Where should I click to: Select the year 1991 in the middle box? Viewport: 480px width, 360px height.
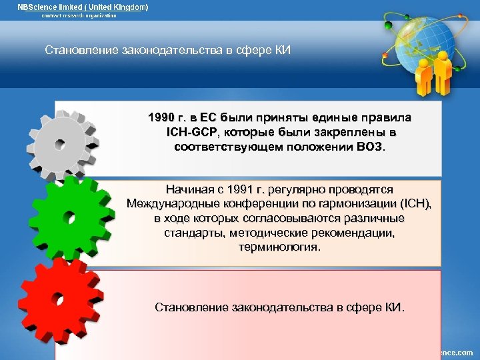[245, 190]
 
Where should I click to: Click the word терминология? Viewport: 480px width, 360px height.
[279, 247]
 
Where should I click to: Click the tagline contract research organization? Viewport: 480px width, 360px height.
[79, 16]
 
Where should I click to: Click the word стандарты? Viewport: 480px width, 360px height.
[193, 233]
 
